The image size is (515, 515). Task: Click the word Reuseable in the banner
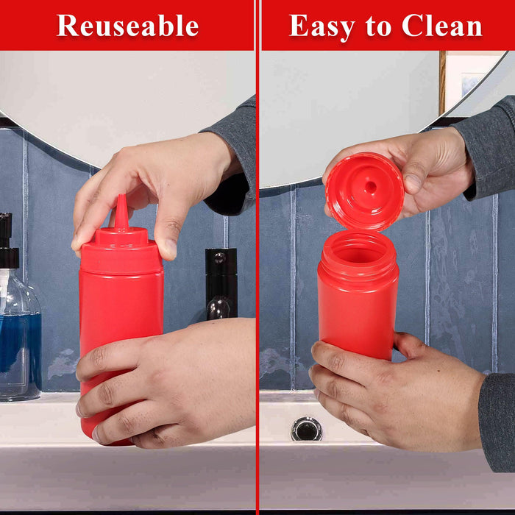(128, 26)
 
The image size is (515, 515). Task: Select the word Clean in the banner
(442, 26)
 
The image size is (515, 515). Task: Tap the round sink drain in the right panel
(306, 428)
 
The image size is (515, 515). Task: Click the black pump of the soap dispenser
(7, 243)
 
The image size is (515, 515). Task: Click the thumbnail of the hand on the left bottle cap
(168, 248)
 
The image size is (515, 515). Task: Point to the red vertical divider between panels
(257, 294)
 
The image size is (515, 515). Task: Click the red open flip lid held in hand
(364, 191)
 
